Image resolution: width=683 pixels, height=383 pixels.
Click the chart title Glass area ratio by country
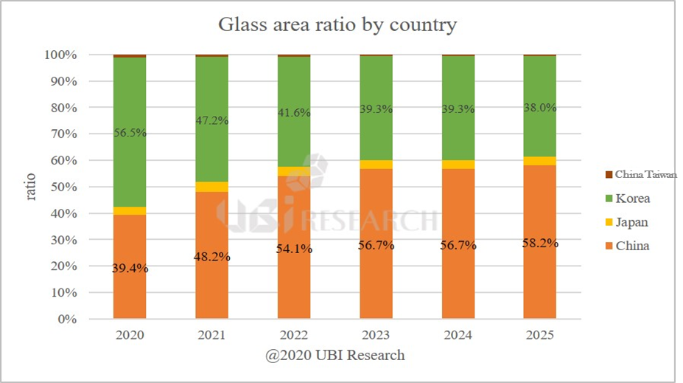tap(337, 24)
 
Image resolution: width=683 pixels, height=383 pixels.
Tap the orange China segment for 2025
tap(540, 280)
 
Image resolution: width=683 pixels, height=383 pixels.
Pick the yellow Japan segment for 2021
tap(211, 187)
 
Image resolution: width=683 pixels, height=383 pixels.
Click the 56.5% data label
tap(130, 133)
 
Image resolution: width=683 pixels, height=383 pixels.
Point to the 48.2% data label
tap(211, 258)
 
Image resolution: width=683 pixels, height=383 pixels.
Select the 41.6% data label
tap(294, 114)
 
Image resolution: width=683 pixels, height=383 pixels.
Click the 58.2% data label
tap(540, 243)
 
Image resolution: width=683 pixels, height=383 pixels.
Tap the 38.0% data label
tap(540, 108)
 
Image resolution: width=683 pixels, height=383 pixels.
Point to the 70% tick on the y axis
tap(60, 134)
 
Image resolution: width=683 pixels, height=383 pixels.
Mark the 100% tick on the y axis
tap(57, 55)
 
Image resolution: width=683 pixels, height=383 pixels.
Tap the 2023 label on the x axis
tap(376, 334)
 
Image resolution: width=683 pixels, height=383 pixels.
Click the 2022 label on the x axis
tap(294, 334)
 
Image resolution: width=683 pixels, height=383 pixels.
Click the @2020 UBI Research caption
tap(335, 356)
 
